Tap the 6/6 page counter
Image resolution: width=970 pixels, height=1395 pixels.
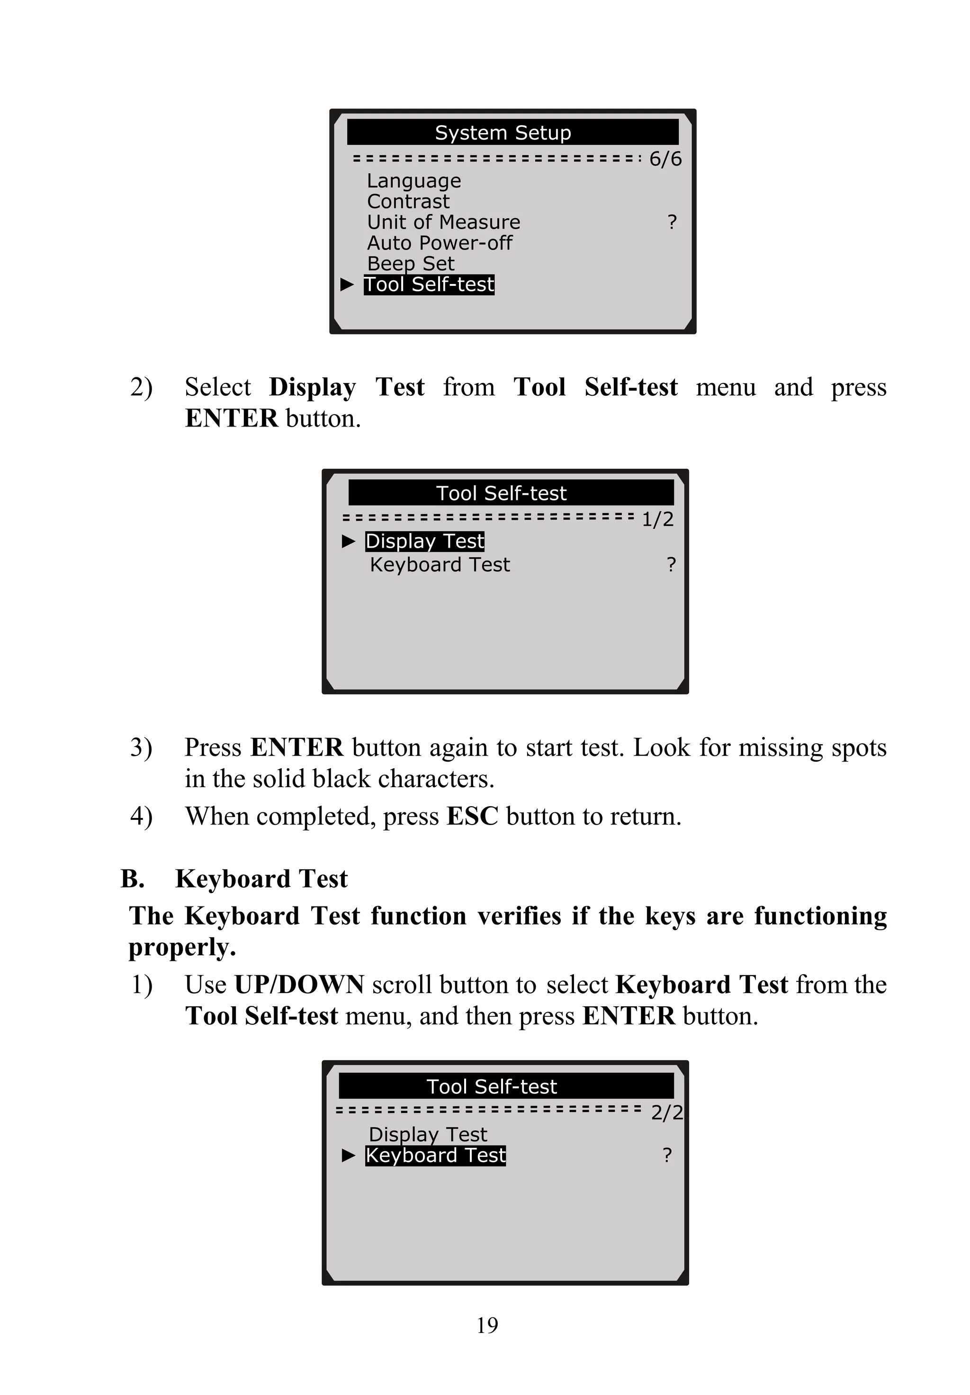665,159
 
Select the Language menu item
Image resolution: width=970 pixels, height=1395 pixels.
414,181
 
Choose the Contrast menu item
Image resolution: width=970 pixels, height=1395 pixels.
408,202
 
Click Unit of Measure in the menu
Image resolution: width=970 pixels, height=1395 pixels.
443,222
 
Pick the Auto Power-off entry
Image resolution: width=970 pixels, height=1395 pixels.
440,243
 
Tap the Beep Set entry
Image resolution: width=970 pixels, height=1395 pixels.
410,264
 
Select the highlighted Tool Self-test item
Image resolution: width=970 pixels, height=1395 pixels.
429,284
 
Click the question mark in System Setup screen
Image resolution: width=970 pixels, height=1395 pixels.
672,222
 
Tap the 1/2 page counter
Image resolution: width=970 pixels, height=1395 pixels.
657,519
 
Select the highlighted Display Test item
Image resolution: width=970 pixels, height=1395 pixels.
424,541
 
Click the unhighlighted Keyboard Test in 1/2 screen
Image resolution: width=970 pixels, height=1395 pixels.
440,565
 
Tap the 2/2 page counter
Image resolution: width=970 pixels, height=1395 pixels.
667,1112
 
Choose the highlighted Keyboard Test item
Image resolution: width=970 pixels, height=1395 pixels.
435,1155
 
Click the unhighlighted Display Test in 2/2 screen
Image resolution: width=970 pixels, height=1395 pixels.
428,1134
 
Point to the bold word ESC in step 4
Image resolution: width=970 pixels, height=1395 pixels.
472,816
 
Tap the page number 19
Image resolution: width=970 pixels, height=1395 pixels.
487,1324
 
